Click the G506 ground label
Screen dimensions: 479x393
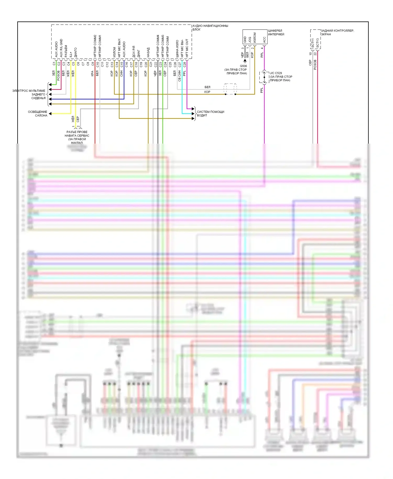[x=243, y=66]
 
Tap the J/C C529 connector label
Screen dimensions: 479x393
[x=276, y=73]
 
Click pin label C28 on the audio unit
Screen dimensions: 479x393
[x=185, y=64]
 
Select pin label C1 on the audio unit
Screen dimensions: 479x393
[x=54, y=64]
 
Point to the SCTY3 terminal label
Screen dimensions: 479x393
[x=318, y=43]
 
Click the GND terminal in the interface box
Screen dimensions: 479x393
[x=245, y=40]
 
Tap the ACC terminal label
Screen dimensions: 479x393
[x=264, y=40]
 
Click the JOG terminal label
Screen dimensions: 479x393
[x=250, y=40]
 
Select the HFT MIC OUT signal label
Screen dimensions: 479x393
[x=187, y=48]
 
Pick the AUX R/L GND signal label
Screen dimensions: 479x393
[x=61, y=48]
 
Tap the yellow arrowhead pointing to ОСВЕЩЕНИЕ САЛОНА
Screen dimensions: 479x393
[x=50, y=114]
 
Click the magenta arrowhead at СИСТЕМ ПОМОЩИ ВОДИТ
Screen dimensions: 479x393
[x=193, y=109]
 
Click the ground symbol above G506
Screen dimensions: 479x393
[x=245, y=61]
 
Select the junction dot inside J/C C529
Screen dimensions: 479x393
[x=264, y=77]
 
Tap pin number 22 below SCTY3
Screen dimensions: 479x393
[x=315, y=54]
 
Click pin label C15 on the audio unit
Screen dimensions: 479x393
[x=122, y=64]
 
